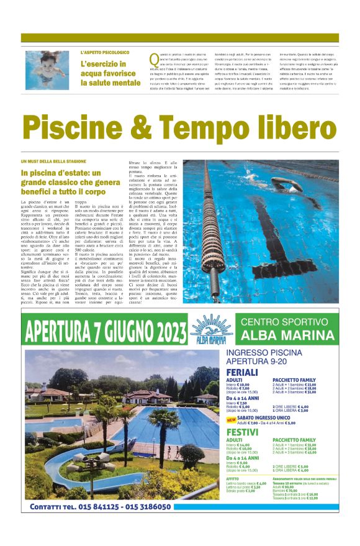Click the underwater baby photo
click(x=47, y=70)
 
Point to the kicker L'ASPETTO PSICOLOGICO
click(x=105, y=53)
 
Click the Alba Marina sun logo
click(x=211, y=328)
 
